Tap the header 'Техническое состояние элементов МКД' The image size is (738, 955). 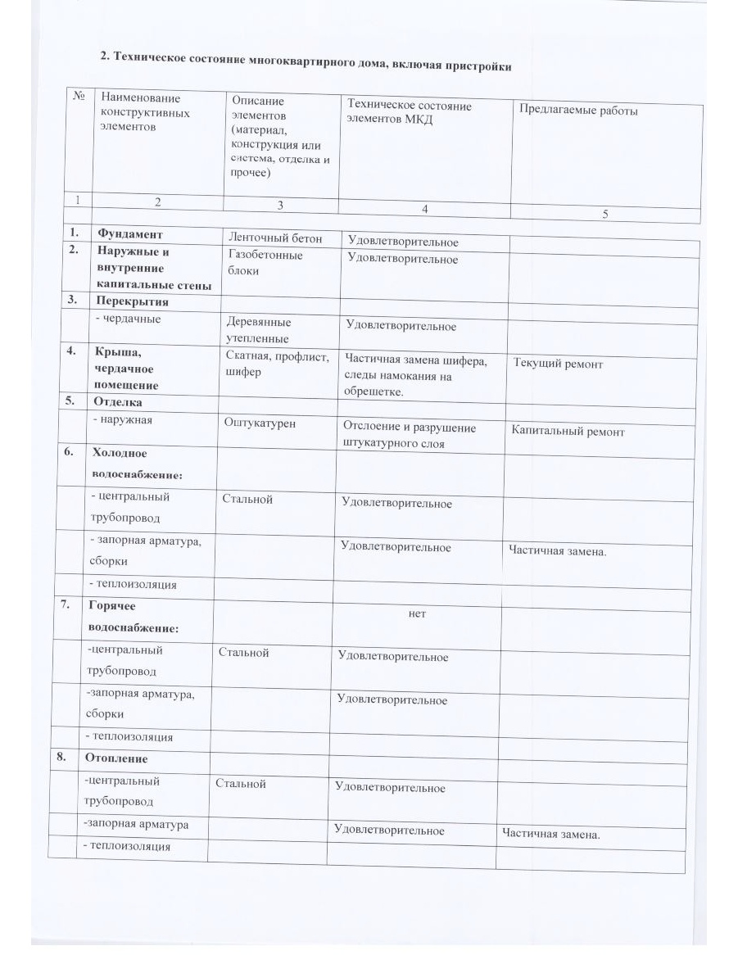(x=409, y=112)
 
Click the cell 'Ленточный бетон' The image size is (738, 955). (x=274, y=238)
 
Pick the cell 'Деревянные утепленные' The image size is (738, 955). (x=258, y=330)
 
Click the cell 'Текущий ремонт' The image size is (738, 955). (x=558, y=364)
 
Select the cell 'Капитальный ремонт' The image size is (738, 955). (x=568, y=431)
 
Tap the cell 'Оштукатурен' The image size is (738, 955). (x=260, y=423)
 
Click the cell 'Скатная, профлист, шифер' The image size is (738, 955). (x=277, y=364)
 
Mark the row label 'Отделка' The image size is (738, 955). (x=118, y=402)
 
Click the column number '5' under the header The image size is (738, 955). (x=604, y=214)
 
